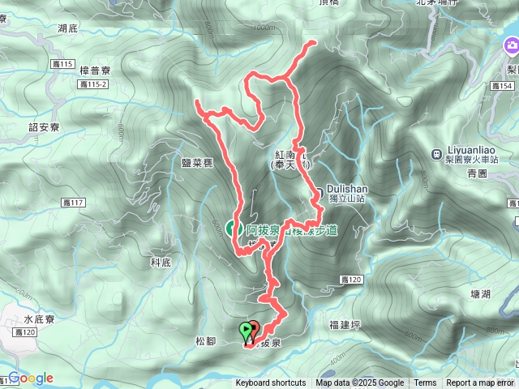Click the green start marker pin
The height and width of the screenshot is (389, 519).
246,331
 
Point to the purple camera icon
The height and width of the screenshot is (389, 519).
512,46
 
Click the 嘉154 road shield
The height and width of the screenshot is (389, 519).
506,86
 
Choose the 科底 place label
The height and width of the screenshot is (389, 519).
161,263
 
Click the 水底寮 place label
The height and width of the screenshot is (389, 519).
39,319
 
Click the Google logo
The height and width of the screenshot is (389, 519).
31,378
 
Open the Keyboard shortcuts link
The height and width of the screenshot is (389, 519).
271,383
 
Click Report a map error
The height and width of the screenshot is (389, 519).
480,383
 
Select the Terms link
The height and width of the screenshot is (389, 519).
425,383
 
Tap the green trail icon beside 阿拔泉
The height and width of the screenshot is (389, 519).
231,229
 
